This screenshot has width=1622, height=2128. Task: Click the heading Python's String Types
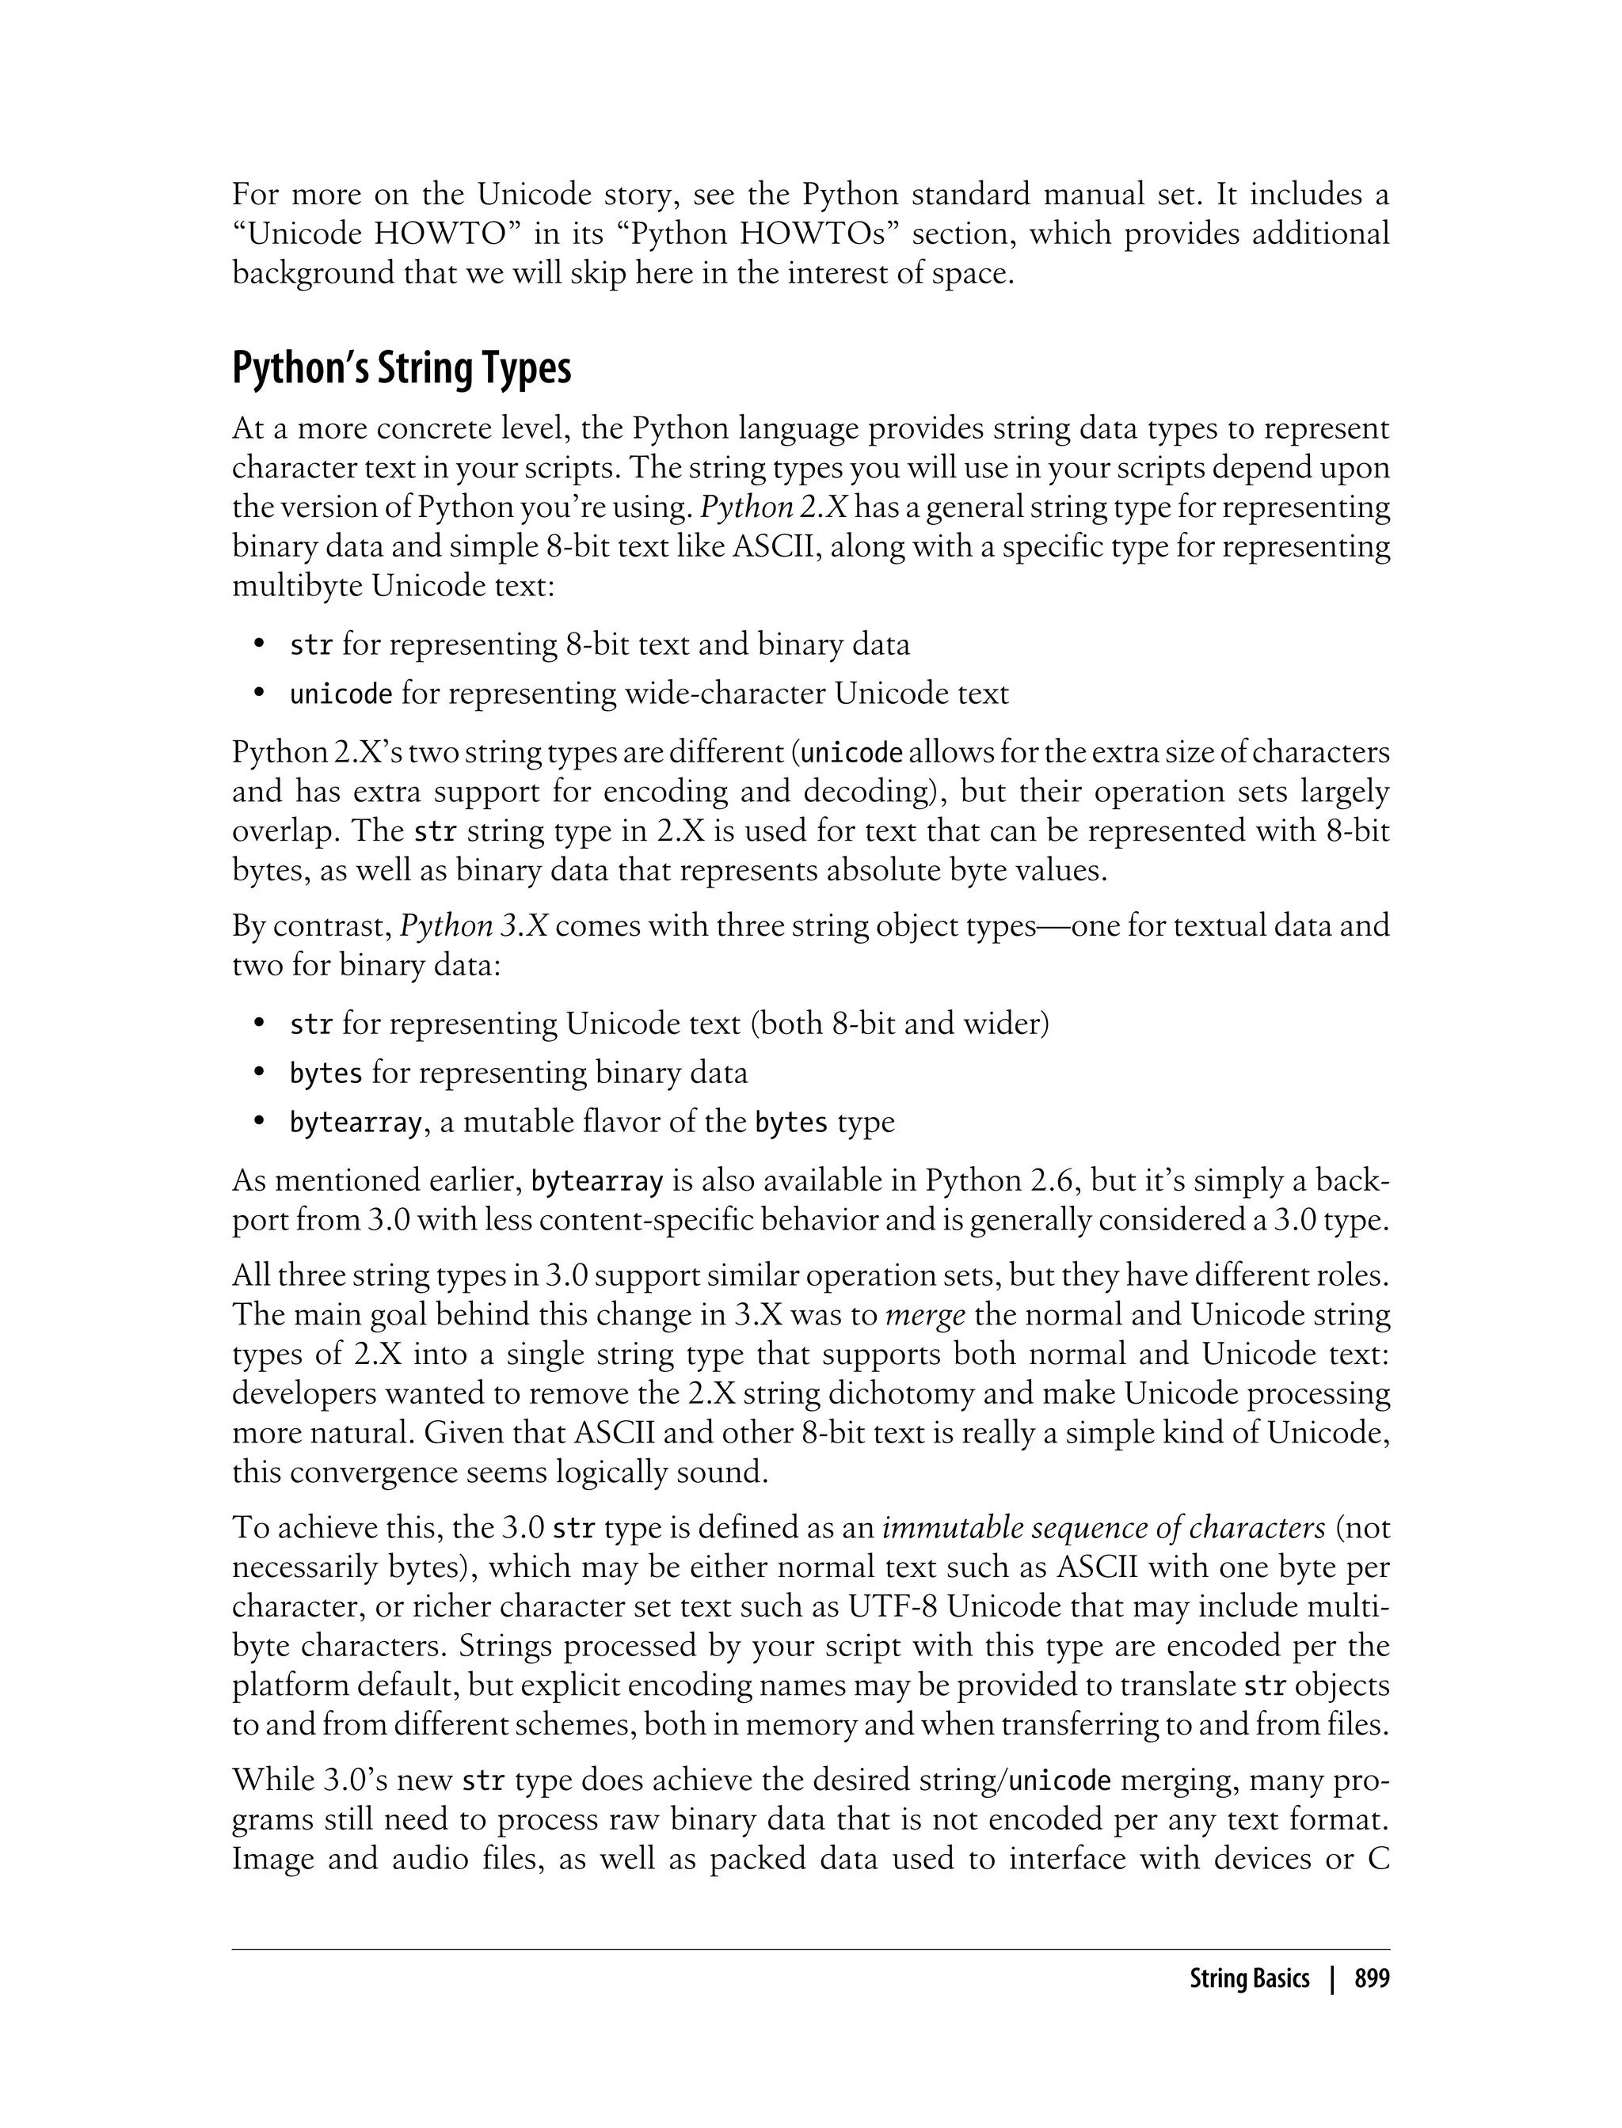click(401, 370)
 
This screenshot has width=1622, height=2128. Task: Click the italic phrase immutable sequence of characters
click(1103, 1529)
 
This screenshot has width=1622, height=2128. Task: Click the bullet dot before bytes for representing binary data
click(259, 1073)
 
